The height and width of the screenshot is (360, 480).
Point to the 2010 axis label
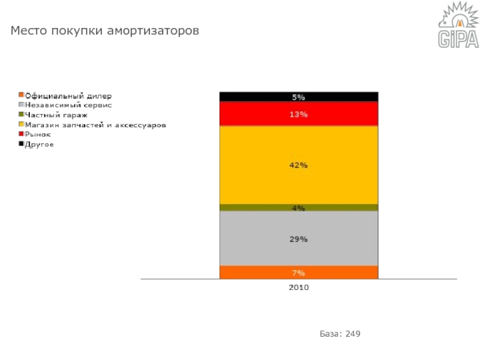[299, 288]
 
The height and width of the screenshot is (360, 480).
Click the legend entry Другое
[39, 145]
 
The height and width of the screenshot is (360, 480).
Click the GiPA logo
[458, 27]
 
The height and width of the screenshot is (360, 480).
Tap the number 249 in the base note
[353, 334]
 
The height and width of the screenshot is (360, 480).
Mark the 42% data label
[299, 166]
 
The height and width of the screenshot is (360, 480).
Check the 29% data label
[299, 239]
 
